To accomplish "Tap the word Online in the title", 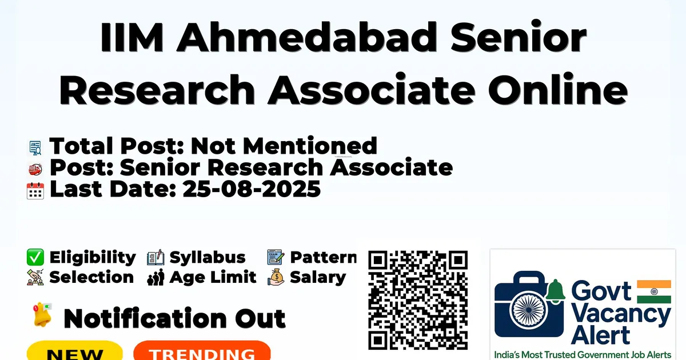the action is pos(558,89).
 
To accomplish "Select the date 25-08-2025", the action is pos(252,189).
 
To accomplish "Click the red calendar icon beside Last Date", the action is pos(35,191).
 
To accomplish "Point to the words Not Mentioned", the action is pos(284,146).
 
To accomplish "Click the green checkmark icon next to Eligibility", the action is pos(35,257).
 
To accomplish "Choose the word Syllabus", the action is pos(208,258).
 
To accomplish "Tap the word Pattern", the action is pos(324,257).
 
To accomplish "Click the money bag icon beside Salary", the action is pos(276,277).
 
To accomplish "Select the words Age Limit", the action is pos(213,277).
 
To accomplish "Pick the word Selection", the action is pos(91,277).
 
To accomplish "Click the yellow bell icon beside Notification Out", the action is pos(42,315).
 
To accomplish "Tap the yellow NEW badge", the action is pos(75,351).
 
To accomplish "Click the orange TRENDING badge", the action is pos(202,351).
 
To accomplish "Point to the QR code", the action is pos(418,300).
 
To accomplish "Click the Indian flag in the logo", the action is pos(654,292).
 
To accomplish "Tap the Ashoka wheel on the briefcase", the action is pos(529,310).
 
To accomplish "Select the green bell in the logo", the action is pos(555,291).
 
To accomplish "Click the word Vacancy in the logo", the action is pos(620,315).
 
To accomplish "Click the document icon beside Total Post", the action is pos(35,147).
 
